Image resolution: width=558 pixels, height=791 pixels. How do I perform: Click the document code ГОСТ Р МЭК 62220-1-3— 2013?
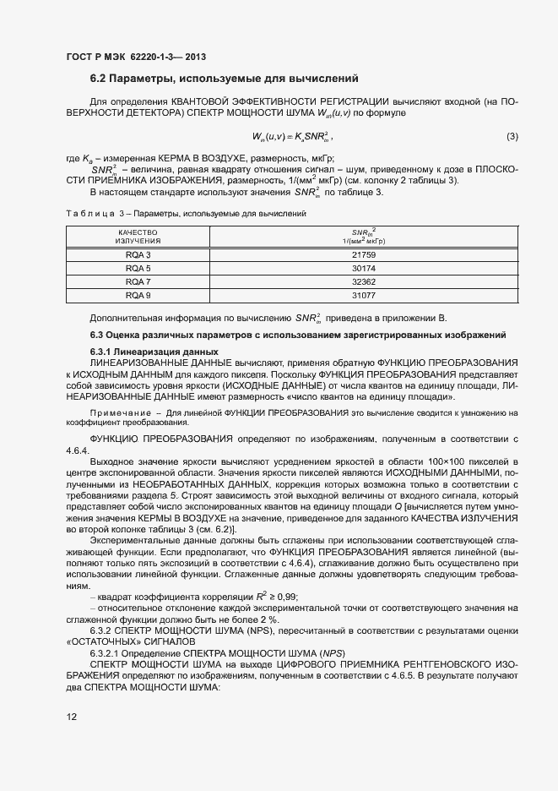pos(135,57)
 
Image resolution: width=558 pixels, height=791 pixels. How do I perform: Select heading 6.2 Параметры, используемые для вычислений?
pos(225,79)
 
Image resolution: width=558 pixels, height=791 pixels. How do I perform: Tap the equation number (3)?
pos(512,137)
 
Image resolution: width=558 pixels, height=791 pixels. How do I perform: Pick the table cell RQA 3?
pos(138,254)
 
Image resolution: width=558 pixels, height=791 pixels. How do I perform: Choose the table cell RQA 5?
pos(138,268)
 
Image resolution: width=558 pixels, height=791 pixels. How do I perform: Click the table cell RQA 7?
pos(138,281)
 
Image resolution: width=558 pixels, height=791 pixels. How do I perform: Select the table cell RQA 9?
pos(138,295)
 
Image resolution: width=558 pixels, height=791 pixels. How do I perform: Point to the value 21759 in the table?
pos(363,254)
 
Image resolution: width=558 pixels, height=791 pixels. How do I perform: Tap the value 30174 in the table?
pos(363,268)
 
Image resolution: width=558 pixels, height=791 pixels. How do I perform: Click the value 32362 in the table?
pos(363,281)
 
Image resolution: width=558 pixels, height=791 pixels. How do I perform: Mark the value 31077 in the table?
pos(363,295)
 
